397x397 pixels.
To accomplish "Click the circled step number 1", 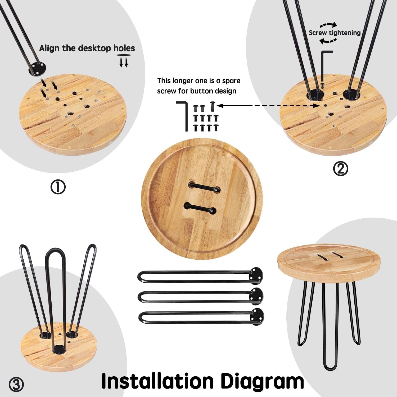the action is coord(58,187).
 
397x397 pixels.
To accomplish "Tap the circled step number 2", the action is coord(341,169).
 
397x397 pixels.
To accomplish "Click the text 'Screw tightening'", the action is coord(335,33).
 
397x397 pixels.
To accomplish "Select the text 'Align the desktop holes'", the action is coord(87,48).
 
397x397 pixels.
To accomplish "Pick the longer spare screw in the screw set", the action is coord(213,106).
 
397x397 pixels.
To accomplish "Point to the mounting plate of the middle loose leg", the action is coord(257,294).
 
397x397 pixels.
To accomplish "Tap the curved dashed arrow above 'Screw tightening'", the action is coord(328,25).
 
